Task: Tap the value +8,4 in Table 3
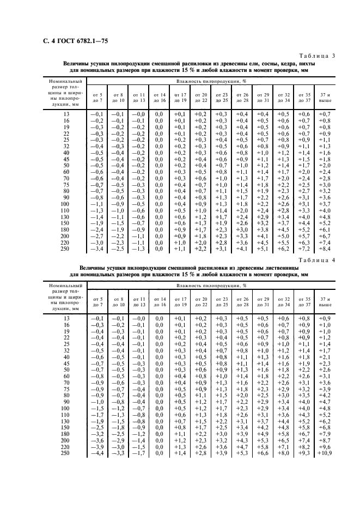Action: point(325,249)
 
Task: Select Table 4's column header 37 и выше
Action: point(325,302)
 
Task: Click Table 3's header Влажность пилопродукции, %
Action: point(211,81)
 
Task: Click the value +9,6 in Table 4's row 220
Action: point(325,447)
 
